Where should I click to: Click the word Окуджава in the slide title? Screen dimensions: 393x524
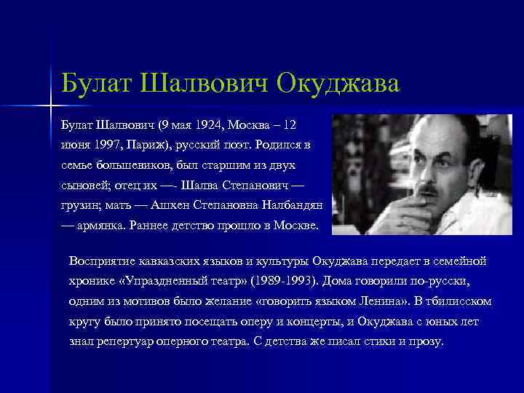(x=338, y=82)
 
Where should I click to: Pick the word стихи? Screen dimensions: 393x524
(x=371, y=341)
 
